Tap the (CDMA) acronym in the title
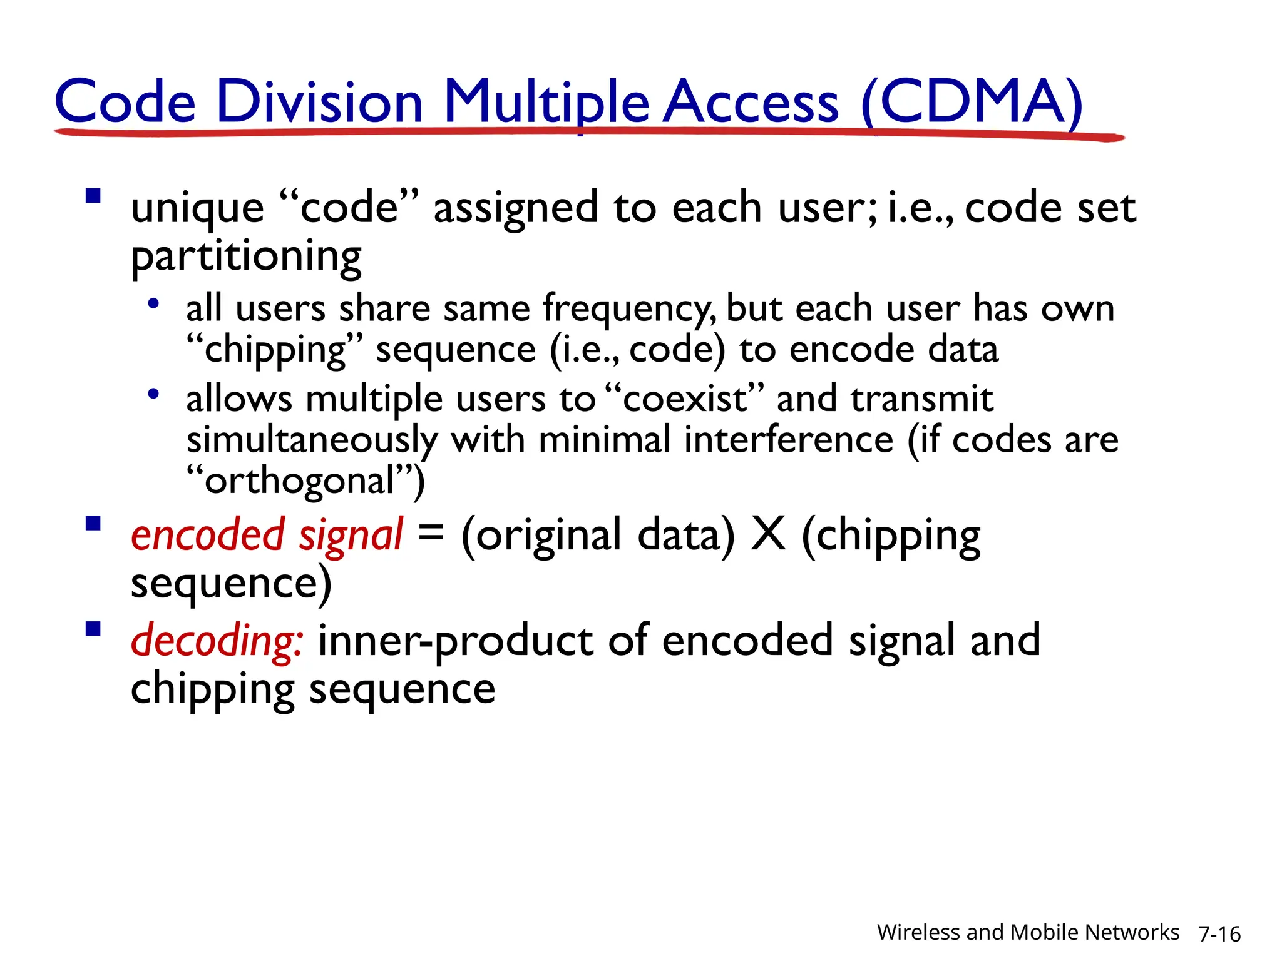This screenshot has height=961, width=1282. click(972, 101)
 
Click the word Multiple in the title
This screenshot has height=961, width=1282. click(546, 101)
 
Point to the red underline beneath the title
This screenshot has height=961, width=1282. click(588, 132)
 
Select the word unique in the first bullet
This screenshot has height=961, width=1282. click(197, 208)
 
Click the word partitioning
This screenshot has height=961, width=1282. click(246, 257)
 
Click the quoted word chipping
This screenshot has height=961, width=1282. click(275, 350)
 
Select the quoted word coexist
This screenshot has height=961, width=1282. click(685, 399)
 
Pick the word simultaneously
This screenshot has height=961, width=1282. click(312, 440)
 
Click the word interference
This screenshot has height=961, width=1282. click(788, 440)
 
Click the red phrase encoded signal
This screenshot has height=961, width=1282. click(267, 536)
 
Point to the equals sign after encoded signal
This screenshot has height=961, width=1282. click(431, 533)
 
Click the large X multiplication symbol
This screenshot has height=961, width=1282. click(767, 534)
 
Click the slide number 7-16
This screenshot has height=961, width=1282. click(1219, 934)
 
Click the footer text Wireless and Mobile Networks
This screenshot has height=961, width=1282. click(1027, 932)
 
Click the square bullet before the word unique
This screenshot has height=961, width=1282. click(93, 196)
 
